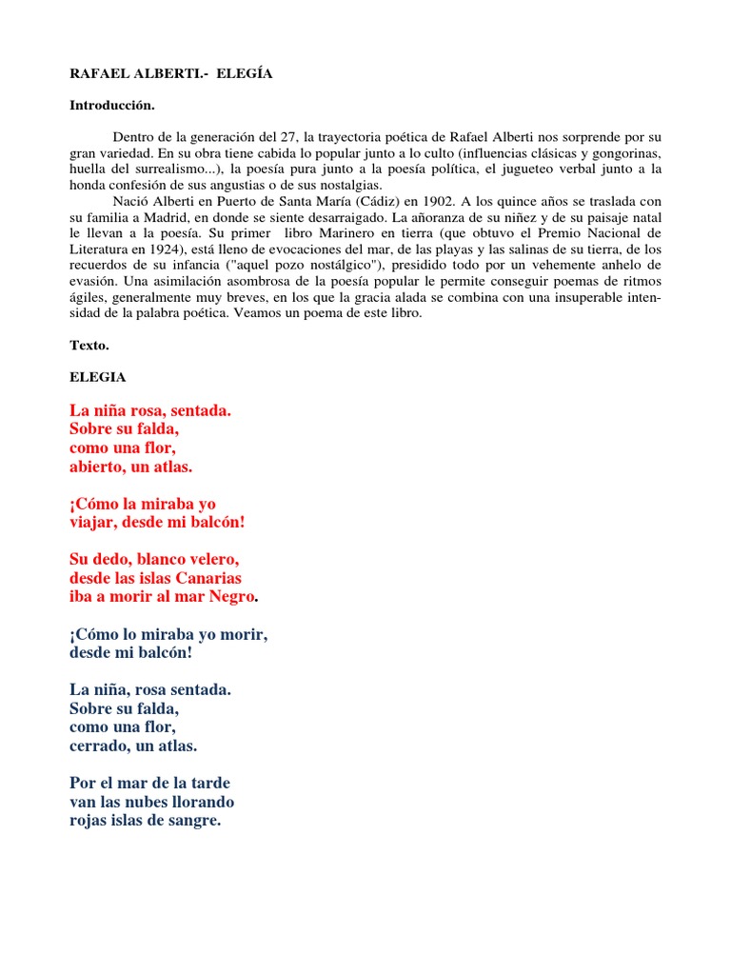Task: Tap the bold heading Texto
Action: pos(89,346)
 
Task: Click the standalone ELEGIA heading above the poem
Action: pos(97,377)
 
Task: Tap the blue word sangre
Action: pos(193,820)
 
